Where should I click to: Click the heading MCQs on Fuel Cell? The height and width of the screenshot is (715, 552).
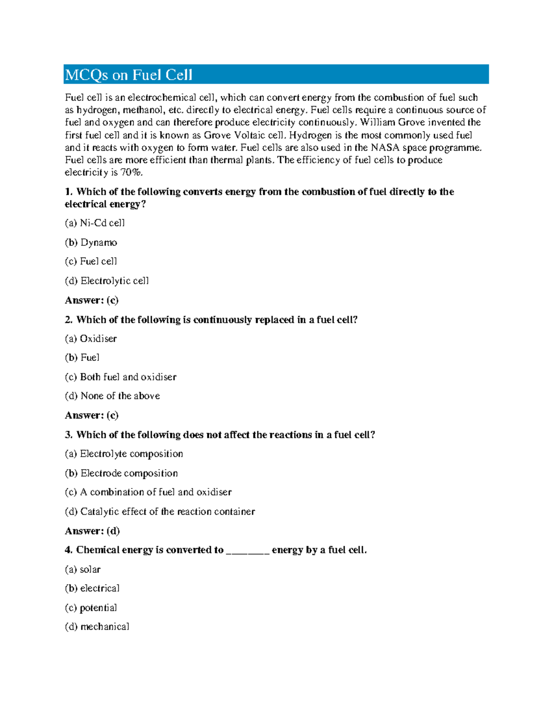tap(129, 75)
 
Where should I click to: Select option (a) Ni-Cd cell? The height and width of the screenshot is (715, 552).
tap(95, 223)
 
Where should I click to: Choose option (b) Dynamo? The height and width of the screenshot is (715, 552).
tap(91, 242)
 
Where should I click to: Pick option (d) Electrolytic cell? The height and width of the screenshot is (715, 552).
tap(107, 280)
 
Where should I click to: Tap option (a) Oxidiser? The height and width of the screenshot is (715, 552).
tap(91, 338)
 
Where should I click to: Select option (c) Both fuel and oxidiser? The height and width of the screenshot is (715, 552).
tap(121, 377)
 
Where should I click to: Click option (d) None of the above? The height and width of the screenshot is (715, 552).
tap(112, 395)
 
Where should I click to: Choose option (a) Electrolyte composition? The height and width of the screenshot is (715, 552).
tap(124, 453)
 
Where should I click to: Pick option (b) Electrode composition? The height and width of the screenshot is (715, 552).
tap(121, 473)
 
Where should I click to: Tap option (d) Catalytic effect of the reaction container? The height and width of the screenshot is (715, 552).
tap(160, 511)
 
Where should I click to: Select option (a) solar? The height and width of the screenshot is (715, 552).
tap(83, 569)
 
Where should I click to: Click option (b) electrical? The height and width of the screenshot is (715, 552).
tap(92, 588)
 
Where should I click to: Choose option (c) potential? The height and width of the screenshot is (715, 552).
tap(91, 607)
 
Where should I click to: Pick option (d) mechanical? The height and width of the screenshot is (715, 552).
tap(97, 626)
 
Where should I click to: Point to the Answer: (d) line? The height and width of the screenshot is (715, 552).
tap(92, 531)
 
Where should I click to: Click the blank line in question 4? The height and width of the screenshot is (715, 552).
tap(247, 551)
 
